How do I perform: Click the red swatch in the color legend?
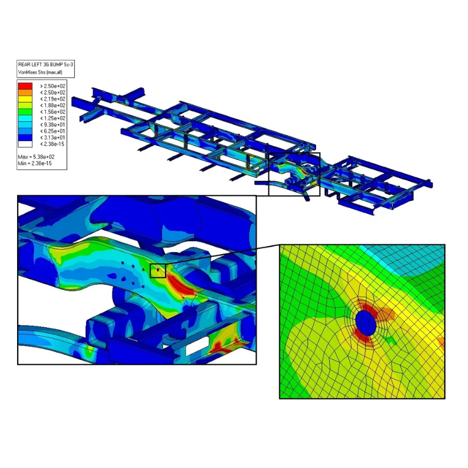25,86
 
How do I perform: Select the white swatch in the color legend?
25,144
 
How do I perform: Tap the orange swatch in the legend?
25,93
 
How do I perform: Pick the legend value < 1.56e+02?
53,112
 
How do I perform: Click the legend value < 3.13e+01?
53,137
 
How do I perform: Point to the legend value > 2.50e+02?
53,86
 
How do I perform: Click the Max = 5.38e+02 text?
36,157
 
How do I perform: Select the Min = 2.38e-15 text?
35,163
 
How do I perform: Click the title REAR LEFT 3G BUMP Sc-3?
45,65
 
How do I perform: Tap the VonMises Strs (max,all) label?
40,72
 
